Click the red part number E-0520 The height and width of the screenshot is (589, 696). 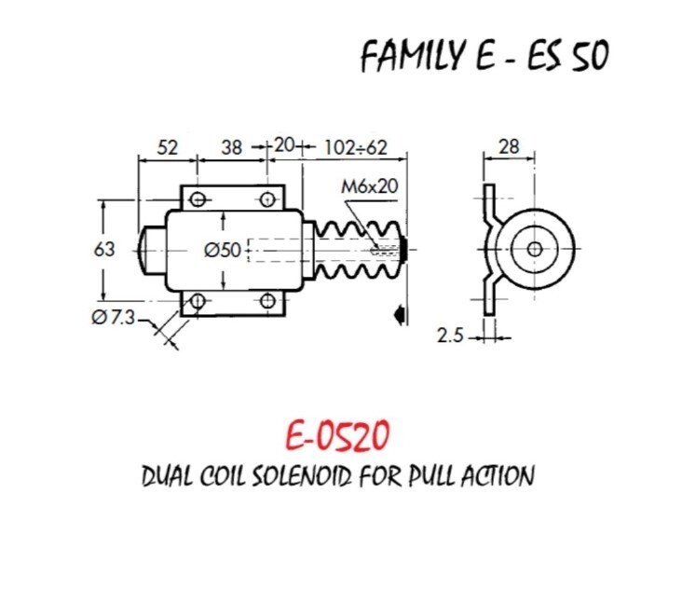337,436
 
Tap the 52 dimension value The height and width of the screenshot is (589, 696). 168,147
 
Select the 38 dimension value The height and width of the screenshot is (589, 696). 232,147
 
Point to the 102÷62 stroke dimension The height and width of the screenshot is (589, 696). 356,147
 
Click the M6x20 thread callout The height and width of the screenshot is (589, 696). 369,186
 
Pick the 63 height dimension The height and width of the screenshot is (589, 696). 104,250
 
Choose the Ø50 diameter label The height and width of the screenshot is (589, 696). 223,251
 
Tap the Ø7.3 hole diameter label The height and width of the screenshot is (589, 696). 113,318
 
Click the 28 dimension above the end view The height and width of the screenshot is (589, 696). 509,146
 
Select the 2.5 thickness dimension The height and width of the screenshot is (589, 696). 450,336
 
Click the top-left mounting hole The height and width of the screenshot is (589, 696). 198,199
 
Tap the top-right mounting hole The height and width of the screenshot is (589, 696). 267,199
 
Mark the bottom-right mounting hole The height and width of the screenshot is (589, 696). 267,301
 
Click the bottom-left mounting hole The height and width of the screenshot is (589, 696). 198,301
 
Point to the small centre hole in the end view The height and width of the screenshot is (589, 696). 535,250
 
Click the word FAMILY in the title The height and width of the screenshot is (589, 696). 412,56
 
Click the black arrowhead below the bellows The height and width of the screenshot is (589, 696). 399,314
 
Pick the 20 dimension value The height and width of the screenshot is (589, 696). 284,145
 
